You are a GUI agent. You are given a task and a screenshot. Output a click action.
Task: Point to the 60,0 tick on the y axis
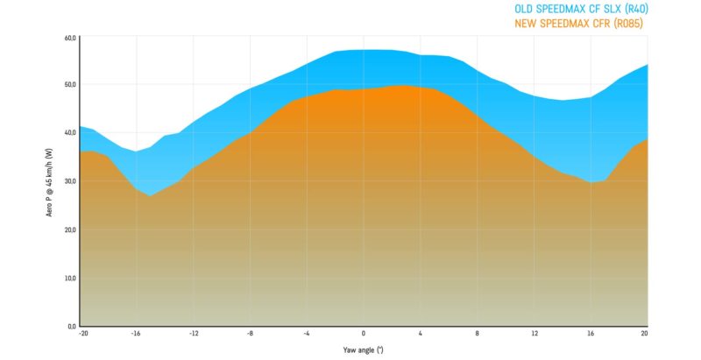(71, 39)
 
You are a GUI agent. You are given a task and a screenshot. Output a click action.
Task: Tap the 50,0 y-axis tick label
(71, 85)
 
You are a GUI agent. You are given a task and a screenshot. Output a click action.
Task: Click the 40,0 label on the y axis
(71, 133)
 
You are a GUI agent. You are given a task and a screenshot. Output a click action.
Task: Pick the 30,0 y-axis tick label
(71, 181)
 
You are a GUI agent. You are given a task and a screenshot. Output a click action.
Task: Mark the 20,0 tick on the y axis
(71, 229)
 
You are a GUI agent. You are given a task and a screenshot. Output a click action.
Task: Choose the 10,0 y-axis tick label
(71, 278)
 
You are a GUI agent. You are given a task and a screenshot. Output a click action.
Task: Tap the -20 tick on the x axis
(83, 334)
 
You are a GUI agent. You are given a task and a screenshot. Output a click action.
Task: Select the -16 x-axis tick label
(136, 334)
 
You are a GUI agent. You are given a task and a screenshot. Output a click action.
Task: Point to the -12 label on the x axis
(193, 334)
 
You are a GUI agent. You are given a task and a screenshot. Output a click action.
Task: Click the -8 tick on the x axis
(250, 334)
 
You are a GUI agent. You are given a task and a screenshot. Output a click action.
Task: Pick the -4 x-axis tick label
(307, 334)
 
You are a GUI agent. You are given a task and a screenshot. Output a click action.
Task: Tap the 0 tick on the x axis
(364, 334)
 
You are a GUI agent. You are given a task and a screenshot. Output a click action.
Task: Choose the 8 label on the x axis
(478, 334)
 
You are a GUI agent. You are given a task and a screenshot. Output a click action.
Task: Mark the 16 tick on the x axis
(591, 334)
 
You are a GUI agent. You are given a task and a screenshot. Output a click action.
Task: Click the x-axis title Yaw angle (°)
(364, 349)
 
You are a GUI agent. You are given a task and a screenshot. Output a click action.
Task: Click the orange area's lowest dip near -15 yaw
(151, 195)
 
